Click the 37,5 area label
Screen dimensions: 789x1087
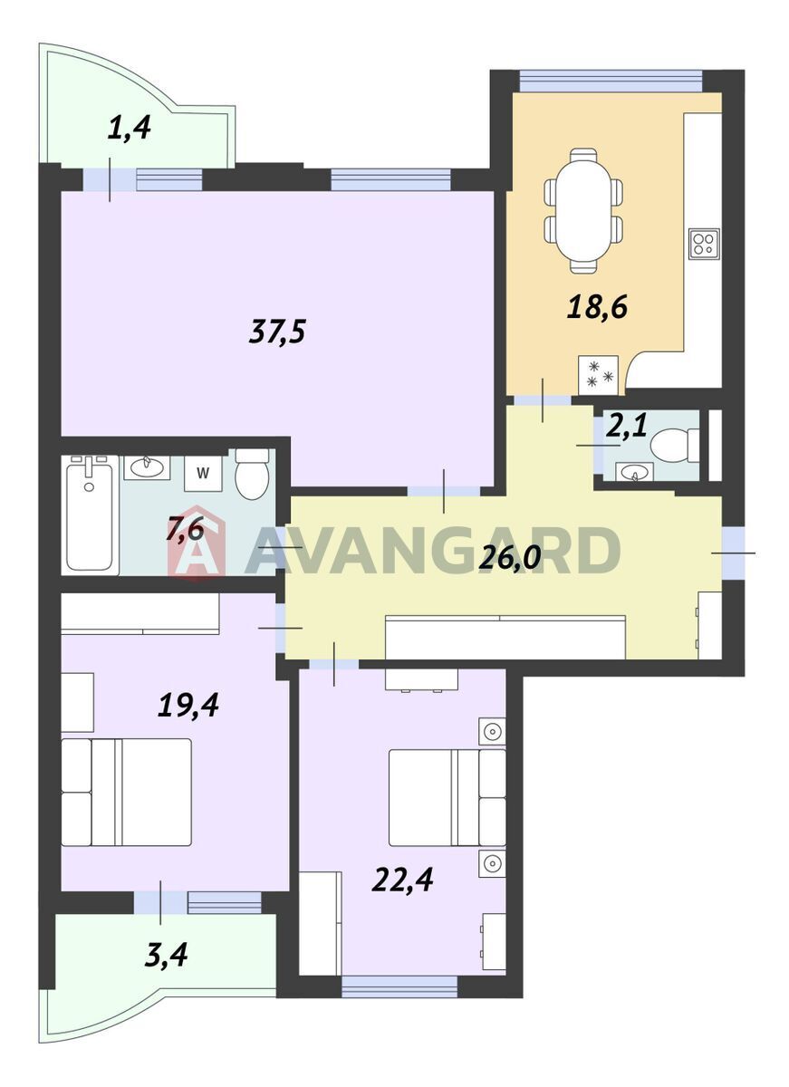276,332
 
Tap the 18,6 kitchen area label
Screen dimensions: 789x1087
597,307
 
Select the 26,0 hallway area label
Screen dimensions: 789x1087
509,558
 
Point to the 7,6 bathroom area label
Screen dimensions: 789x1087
185,528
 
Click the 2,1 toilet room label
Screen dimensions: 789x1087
628,426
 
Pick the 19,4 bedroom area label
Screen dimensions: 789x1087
188,705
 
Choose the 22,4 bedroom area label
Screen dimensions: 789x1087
402,879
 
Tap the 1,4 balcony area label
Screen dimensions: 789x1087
129,128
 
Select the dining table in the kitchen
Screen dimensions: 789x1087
583,210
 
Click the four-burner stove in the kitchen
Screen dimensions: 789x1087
704,244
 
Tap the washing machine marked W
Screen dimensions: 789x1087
203,473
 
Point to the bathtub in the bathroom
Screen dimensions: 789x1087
90,515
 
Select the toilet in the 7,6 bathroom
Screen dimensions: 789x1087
251,474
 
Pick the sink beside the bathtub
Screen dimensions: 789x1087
146,467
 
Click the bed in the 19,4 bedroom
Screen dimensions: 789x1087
126,793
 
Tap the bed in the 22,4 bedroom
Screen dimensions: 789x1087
447,798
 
